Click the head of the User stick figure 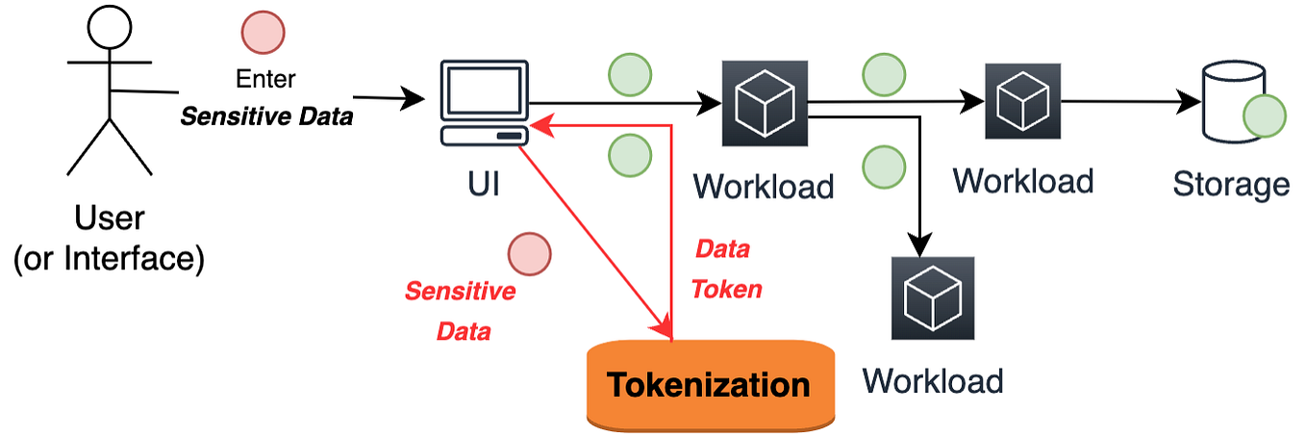[109, 27]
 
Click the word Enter [266, 78]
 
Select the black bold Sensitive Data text [266, 116]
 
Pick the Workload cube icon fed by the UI [764, 102]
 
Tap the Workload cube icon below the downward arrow [932, 297]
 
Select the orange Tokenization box [710, 385]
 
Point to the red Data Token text [724, 269]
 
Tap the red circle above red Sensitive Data [529, 253]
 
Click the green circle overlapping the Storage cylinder [1264, 116]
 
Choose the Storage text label [1231, 183]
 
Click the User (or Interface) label [109, 240]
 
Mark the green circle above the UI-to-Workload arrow [629, 74]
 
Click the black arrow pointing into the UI [389, 98]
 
